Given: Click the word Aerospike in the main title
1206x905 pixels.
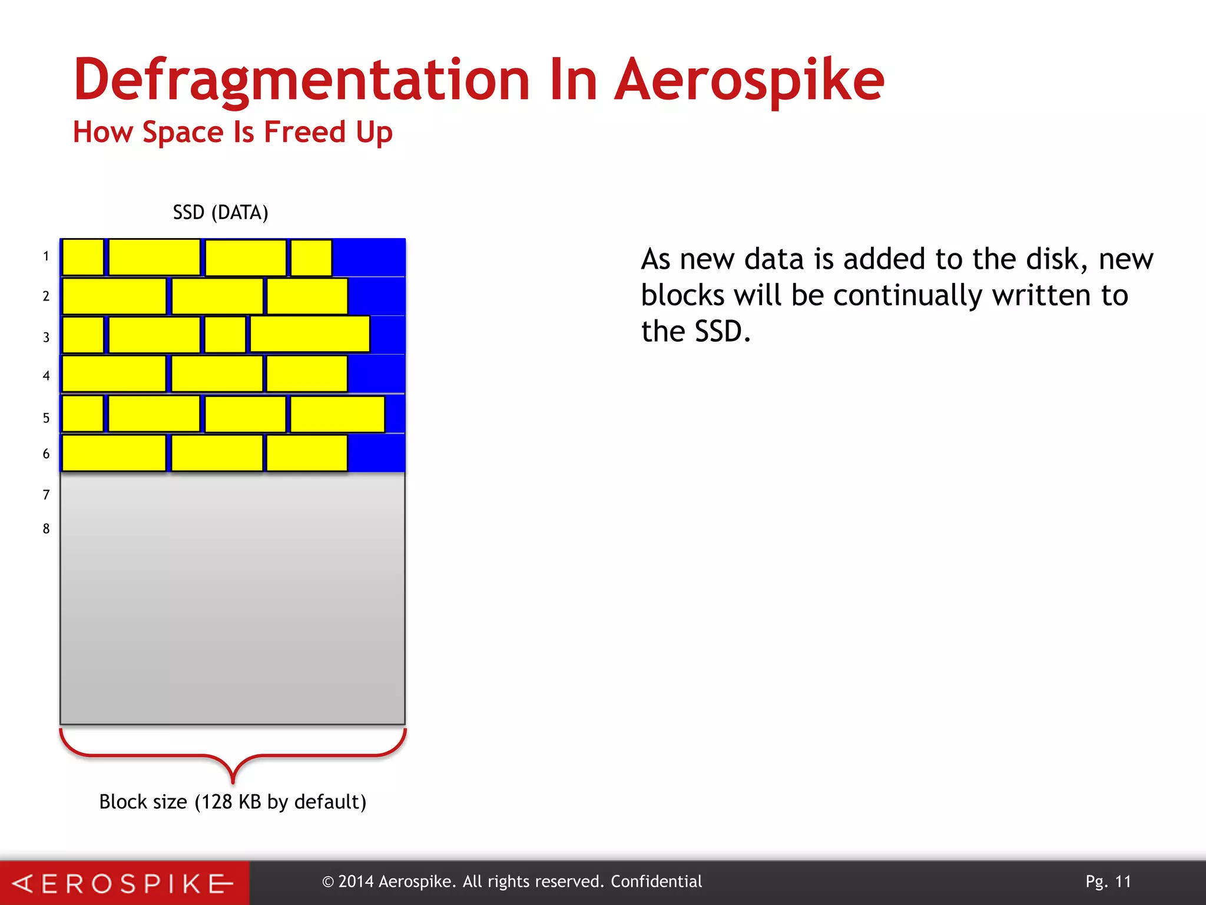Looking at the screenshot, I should [x=749, y=81].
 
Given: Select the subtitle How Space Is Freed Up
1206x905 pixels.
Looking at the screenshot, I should [x=233, y=132].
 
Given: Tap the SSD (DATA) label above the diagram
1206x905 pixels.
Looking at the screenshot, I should [x=220, y=212].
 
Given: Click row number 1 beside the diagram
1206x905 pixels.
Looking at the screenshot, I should [x=46, y=256].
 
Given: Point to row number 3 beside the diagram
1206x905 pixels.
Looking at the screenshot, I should [x=46, y=337].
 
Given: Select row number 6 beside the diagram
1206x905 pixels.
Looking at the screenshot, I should [x=46, y=454].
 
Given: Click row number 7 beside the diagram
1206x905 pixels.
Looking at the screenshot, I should [x=46, y=495].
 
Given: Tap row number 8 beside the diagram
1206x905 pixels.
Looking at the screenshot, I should [x=46, y=529].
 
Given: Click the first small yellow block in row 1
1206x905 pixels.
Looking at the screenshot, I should [x=82, y=257].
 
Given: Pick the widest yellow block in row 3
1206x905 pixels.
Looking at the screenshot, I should [x=310, y=335].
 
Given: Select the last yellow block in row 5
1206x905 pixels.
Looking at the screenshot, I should [x=337, y=414].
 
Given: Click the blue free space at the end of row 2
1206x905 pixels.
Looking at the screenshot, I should [x=376, y=296].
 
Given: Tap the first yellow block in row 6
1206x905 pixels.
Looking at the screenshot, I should [x=114, y=453].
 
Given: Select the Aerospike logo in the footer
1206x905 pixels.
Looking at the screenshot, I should [x=124, y=883].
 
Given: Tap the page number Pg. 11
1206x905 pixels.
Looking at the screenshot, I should [x=1108, y=881].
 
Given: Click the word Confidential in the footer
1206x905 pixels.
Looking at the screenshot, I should [x=656, y=881].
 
